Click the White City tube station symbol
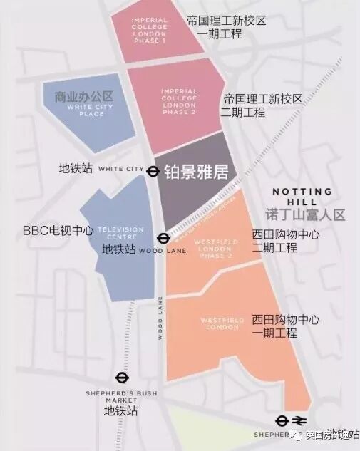(x=153, y=170)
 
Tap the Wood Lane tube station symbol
(x=163, y=239)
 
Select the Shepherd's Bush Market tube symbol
(x=121, y=379)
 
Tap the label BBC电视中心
(x=58, y=231)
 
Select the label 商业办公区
(x=90, y=96)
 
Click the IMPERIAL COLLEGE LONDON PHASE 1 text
(x=150, y=30)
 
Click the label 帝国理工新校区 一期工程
(x=225, y=28)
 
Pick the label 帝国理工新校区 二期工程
(x=263, y=105)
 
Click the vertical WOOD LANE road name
(x=161, y=317)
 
